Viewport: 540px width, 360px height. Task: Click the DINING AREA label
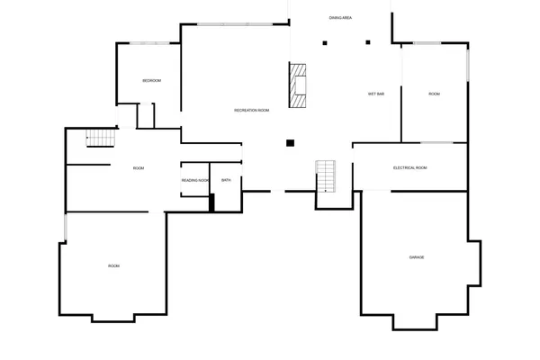point(340,17)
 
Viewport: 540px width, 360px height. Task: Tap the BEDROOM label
point(152,81)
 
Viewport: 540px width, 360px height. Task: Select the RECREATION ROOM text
point(252,110)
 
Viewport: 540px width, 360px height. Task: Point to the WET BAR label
point(376,94)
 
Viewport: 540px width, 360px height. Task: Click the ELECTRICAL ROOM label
point(409,168)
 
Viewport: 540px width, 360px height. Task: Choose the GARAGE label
point(417,257)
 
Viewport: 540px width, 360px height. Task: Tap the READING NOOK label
point(195,181)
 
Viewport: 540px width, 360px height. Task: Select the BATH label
point(226,180)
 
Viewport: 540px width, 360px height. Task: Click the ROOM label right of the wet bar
point(434,94)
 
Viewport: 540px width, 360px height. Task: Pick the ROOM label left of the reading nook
point(139,168)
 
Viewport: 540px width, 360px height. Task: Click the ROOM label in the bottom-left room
point(113,265)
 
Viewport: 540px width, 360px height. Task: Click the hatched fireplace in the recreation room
point(298,85)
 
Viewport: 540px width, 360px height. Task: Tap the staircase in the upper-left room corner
point(101,138)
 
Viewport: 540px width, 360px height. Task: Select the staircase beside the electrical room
point(325,176)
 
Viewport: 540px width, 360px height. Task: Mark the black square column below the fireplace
point(290,142)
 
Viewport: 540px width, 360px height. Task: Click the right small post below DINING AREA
point(366,40)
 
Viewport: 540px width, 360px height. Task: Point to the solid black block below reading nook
point(211,202)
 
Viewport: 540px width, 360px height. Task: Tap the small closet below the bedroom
point(146,116)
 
